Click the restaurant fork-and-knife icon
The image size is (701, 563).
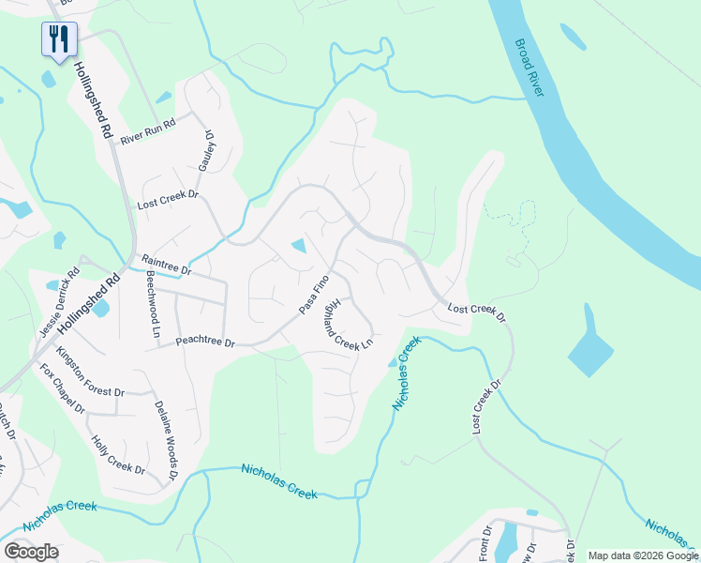(x=58, y=38)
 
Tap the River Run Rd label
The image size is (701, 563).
(x=148, y=131)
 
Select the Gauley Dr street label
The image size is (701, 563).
(x=204, y=151)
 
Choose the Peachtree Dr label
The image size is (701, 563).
(x=205, y=342)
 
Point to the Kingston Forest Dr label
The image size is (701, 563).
(x=90, y=372)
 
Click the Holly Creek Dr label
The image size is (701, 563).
(x=118, y=455)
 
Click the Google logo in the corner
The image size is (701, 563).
(x=31, y=552)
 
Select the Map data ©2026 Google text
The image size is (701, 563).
(x=642, y=555)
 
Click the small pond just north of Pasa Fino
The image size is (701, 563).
(x=299, y=247)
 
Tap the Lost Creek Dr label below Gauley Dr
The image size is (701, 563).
(x=169, y=201)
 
